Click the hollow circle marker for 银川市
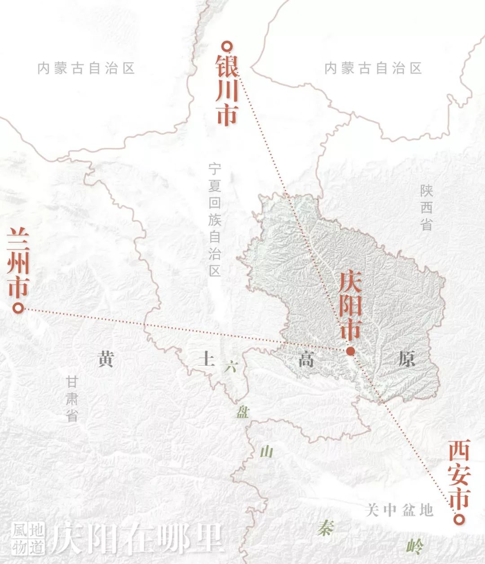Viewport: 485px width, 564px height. [228, 46]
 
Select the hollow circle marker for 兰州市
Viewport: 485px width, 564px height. [18, 309]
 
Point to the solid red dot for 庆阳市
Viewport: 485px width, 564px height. [350, 351]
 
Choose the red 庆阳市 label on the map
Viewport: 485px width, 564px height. [350, 305]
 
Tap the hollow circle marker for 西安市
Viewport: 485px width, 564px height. [458, 520]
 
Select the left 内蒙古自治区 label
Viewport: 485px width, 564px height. [86, 69]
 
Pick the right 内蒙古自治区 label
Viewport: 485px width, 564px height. [373, 69]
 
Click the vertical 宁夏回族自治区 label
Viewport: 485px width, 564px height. [215, 220]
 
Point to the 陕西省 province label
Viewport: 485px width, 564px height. [426, 207]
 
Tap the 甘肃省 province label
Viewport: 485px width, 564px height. [72, 398]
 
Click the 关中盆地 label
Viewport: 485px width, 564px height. [399, 510]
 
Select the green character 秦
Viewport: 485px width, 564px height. [325, 528]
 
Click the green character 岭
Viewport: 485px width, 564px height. [414, 546]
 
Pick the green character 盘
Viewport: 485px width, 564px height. [242, 413]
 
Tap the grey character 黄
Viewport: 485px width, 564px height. [106, 359]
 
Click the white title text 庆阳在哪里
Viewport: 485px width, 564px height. [137, 538]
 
